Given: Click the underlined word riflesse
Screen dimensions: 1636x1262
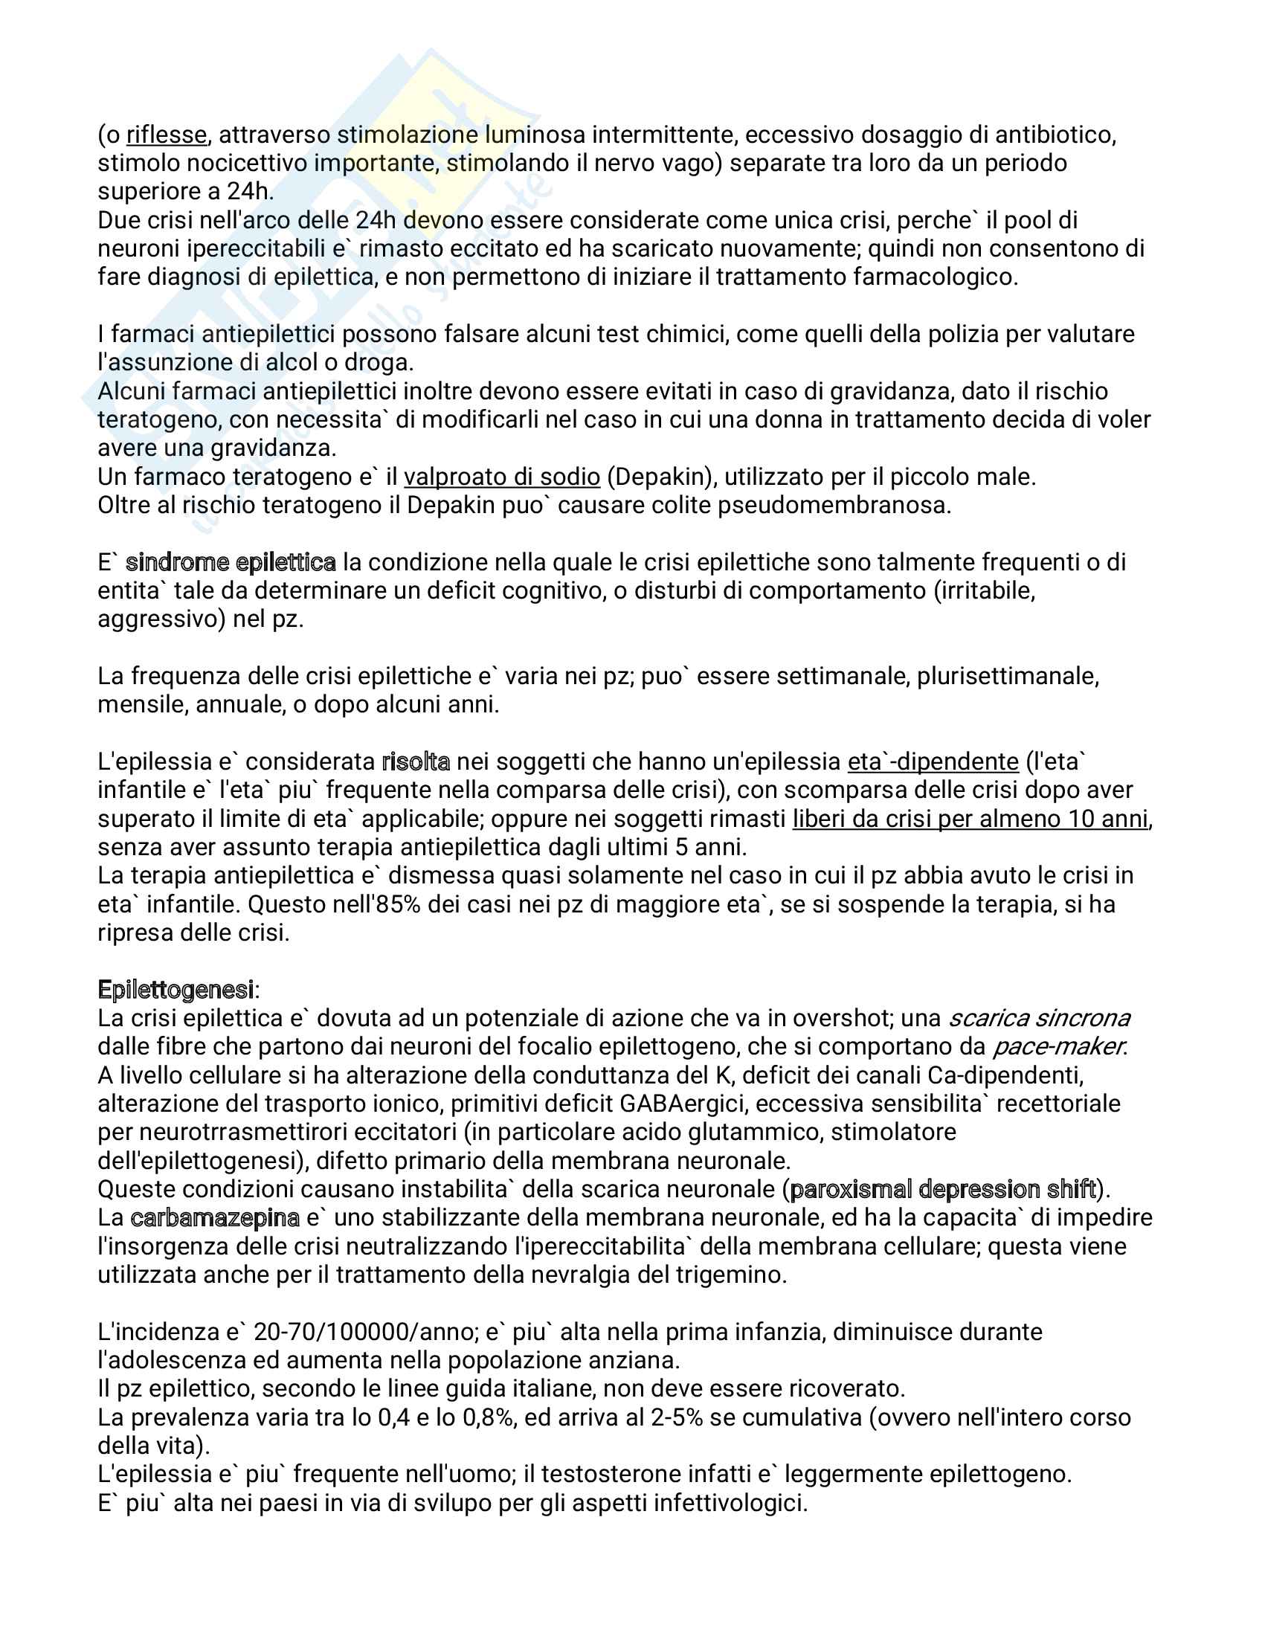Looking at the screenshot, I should (167, 135).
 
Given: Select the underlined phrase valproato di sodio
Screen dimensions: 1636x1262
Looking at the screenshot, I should (502, 477).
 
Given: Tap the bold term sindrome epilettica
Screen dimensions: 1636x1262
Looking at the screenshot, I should (231, 563).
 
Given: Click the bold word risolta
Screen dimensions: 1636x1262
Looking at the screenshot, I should (416, 761).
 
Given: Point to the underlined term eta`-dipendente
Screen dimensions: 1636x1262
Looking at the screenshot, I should (933, 761).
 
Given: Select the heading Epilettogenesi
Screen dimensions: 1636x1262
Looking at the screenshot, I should (176, 991).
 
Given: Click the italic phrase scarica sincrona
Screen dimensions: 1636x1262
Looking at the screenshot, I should (1039, 1019).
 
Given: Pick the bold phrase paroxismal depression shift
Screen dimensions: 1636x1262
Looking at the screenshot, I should (943, 1190).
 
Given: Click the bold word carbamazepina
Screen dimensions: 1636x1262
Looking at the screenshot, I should (215, 1218).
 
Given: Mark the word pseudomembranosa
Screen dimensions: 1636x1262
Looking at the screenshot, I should (834, 506).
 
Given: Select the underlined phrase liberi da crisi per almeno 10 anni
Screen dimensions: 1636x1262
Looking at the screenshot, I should (970, 819).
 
